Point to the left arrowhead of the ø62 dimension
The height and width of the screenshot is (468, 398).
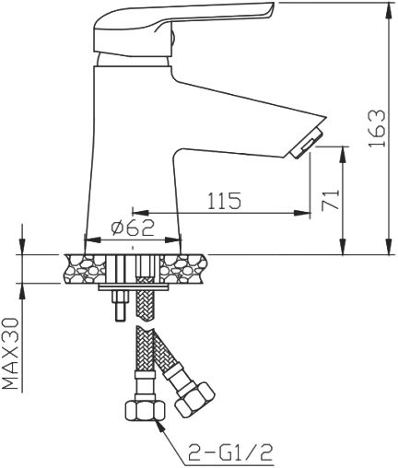88,240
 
